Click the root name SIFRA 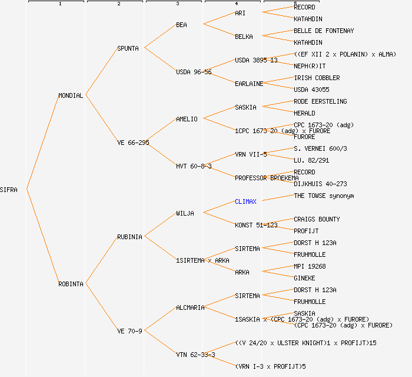pos(9,190)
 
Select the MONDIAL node pos(71,95)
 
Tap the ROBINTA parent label pos(71,284)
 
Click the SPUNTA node pos(128,48)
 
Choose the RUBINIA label pos(129,237)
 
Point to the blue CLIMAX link pos(245,201)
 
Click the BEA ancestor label pos(181,25)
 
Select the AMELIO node pos(187,119)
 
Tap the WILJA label pos(185,213)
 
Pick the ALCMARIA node pos(190,307)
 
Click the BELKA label pos(244,37)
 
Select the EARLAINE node pos(249,84)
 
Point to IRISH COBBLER pos(317,78)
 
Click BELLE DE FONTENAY pos(324,31)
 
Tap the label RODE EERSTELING pos(320,101)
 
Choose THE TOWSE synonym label pos(324,196)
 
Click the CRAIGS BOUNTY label pos(317,219)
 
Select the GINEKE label pos(304,278)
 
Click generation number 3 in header pos(177,4)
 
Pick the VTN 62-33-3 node pos(195,355)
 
